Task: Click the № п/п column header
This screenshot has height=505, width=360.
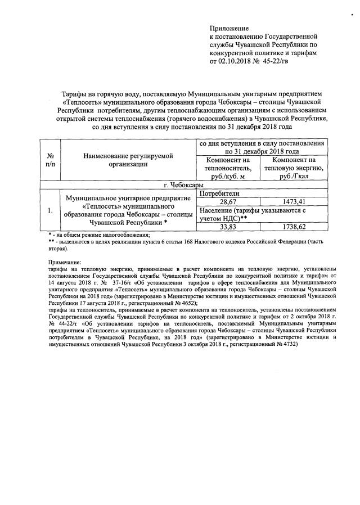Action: (x=51, y=160)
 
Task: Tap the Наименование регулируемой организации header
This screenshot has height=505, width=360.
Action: (x=127, y=160)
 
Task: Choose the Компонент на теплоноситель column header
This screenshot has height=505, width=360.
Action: (x=227, y=168)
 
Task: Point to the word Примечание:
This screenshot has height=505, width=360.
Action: (x=65, y=263)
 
